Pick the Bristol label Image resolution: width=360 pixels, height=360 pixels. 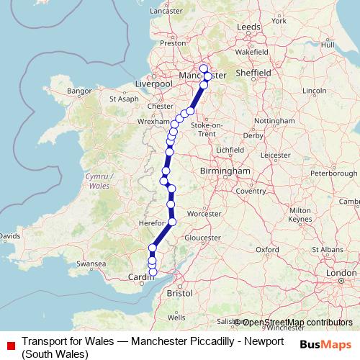tap(179, 294)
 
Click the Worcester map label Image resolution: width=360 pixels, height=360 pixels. tap(203, 214)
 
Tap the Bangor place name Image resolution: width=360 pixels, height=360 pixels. tap(77, 91)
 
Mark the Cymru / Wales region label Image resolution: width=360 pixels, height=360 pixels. tap(94, 181)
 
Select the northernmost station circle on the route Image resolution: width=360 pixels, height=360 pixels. tap(204, 68)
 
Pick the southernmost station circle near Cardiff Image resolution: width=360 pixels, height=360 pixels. tap(152, 272)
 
